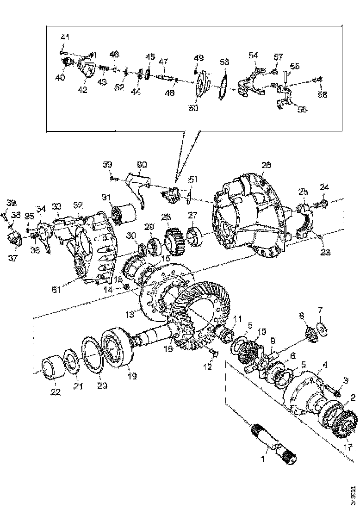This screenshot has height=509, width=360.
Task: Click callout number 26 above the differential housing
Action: pos(266,165)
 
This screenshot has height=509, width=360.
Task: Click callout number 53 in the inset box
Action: pos(224,62)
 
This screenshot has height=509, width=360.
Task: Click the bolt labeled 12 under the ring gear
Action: pos(213,354)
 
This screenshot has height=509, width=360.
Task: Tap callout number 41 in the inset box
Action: pos(65,37)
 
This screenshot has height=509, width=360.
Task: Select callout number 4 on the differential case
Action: pos(325,366)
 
